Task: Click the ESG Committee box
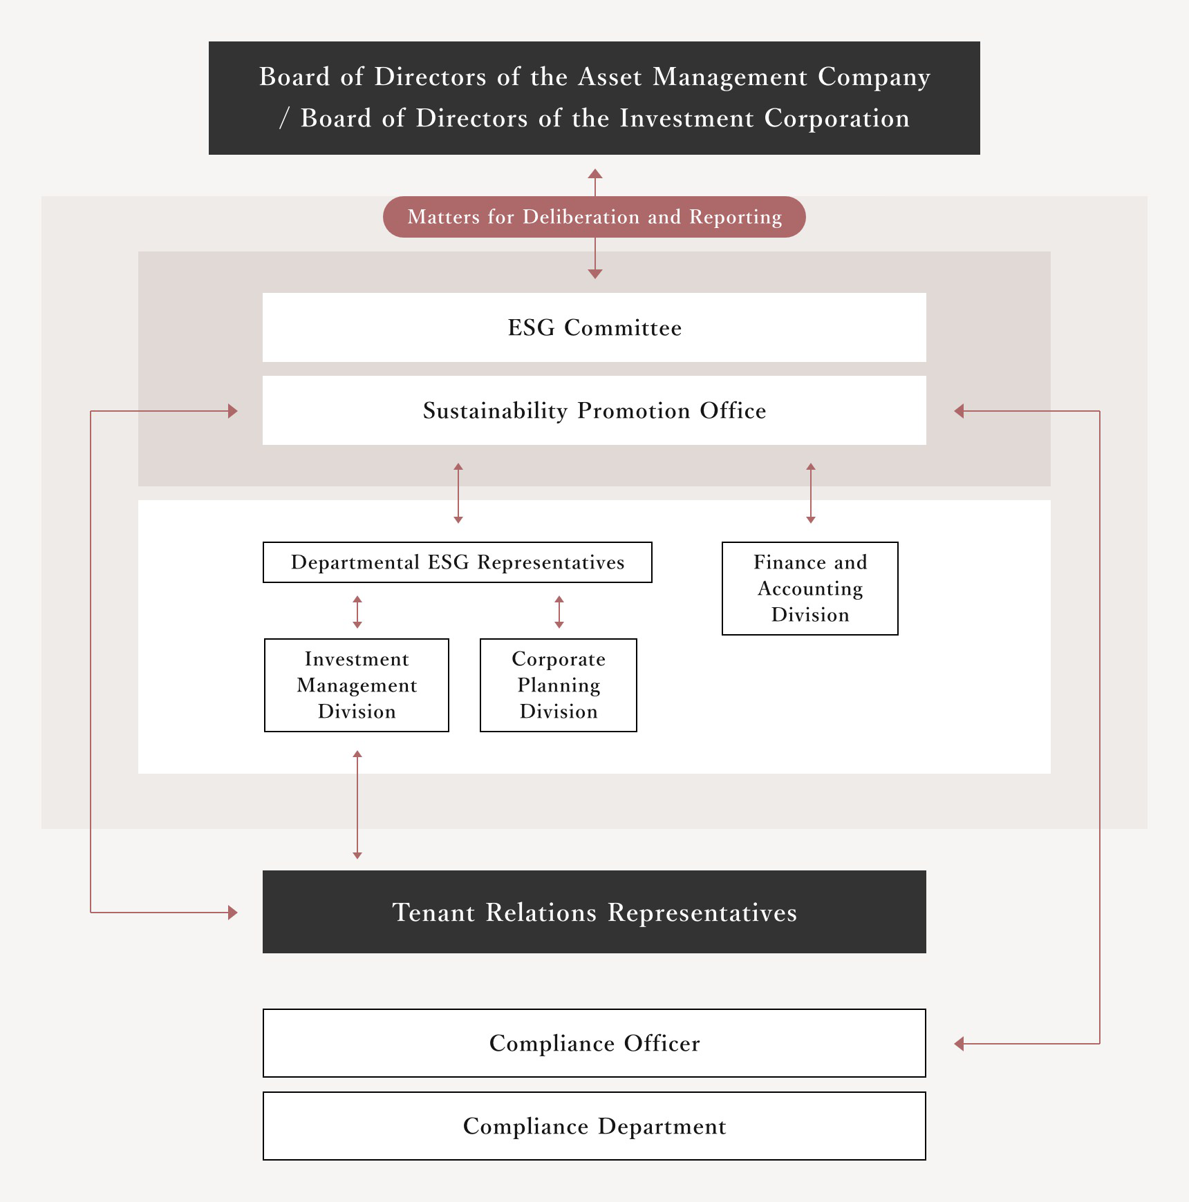coord(594,327)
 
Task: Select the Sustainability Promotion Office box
coord(594,410)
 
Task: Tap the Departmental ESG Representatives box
coord(458,562)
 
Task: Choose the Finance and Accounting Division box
coord(810,589)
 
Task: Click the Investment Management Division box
coord(357,685)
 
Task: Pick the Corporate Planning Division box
coord(559,685)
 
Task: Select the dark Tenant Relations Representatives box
coord(594,912)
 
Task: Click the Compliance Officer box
coord(594,1043)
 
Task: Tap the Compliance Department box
coord(594,1126)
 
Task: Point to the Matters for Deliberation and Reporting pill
coord(594,217)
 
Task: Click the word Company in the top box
coord(874,77)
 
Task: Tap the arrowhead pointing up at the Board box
coord(595,173)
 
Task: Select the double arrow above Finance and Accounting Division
coord(811,493)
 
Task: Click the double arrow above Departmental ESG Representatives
coord(458,493)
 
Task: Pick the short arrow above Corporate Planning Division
coord(559,612)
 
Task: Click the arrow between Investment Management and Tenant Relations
coord(357,805)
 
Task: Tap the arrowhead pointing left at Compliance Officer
coord(959,1044)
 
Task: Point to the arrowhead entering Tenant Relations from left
coord(233,913)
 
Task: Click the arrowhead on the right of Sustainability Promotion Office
coord(959,411)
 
